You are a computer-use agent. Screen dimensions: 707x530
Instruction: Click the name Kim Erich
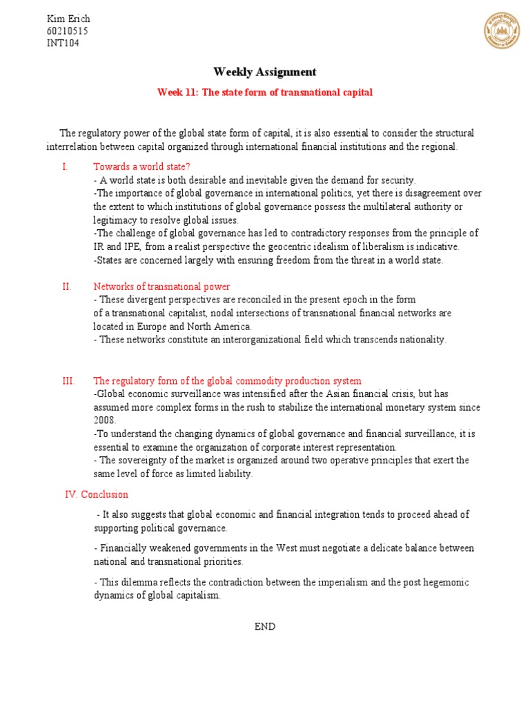point(68,19)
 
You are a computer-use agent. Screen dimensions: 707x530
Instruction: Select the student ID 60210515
point(67,31)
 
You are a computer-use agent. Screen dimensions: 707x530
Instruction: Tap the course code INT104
point(63,43)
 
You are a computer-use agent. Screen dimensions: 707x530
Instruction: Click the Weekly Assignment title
point(265,72)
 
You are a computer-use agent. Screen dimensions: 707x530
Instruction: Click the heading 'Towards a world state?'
point(141,167)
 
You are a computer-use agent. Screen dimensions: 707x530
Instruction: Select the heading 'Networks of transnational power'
point(161,287)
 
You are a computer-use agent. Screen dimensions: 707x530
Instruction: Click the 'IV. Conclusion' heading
point(96,494)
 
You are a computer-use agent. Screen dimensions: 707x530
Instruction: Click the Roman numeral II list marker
point(66,287)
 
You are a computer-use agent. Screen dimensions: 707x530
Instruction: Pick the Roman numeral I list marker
point(64,167)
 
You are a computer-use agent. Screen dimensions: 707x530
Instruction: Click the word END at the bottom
point(265,626)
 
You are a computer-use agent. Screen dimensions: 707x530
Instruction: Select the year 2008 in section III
point(105,420)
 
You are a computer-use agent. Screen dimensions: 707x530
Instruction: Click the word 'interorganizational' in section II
point(233,339)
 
